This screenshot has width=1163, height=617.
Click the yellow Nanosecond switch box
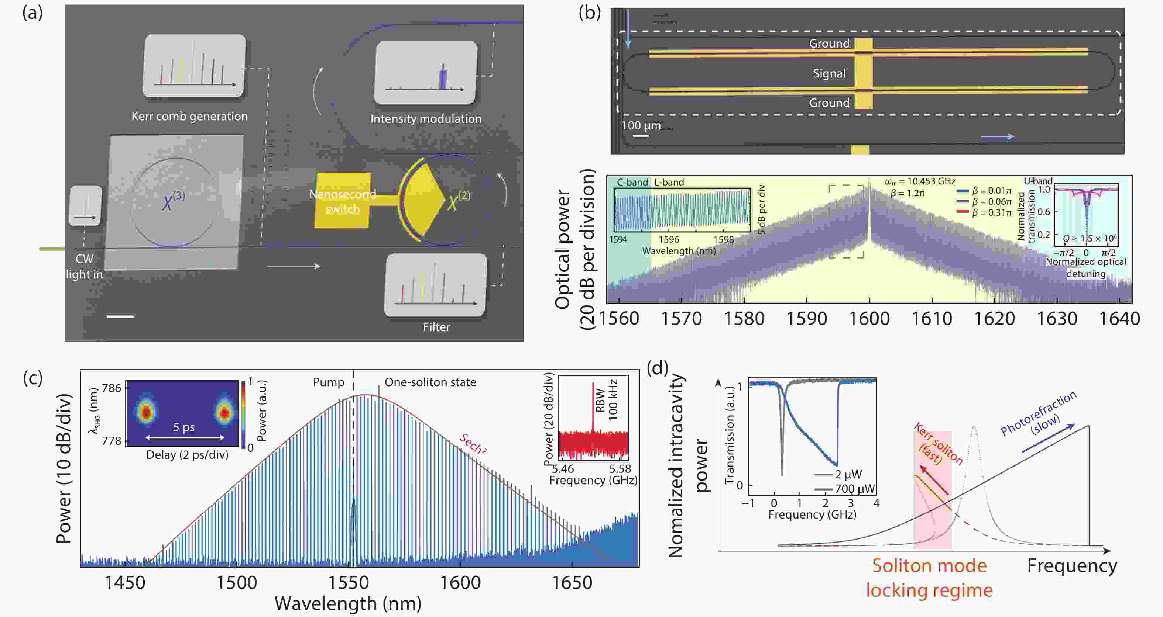click(x=343, y=201)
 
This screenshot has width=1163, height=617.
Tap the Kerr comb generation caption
click(x=190, y=117)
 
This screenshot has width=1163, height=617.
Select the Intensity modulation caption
click(x=426, y=119)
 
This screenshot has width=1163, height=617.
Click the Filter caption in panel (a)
click(x=436, y=327)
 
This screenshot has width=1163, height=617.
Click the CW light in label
click(x=85, y=267)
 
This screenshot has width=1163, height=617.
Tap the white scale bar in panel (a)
click(x=120, y=317)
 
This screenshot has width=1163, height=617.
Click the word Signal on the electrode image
click(x=829, y=73)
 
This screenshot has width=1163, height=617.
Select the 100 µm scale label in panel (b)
click(x=641, y=126)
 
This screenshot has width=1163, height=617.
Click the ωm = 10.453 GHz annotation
click(x=920, y=182)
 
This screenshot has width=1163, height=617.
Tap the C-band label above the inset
click(x=632, y=182)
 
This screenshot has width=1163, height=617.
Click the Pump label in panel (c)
click(x=328, y=382)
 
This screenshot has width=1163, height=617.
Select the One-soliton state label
click(x=430, y=382)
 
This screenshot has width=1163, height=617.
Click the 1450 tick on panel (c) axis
click(x=125, y=583)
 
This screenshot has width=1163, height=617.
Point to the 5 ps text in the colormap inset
click(x=184, y=427)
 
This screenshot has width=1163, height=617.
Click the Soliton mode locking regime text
click(x=929, y=578)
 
